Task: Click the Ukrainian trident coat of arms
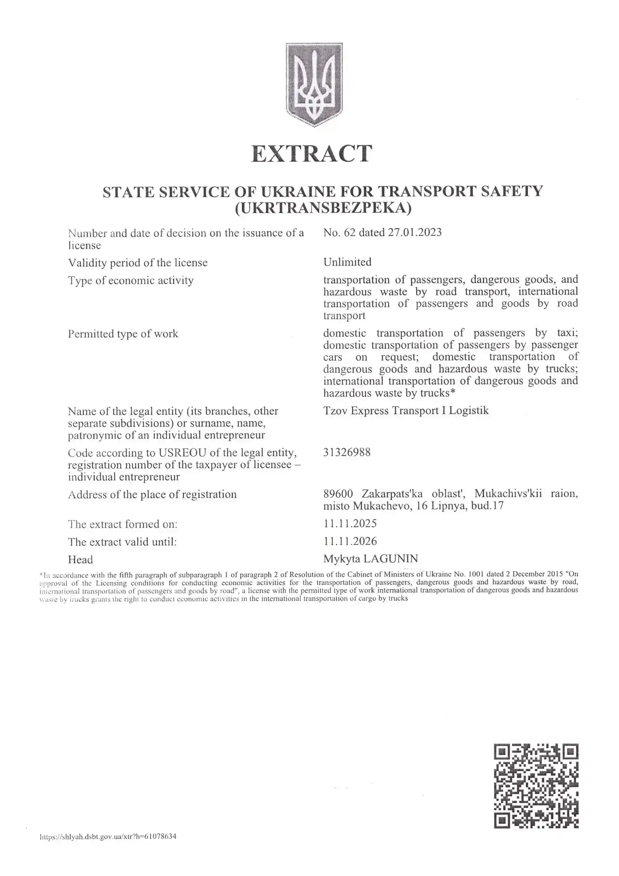pyautogui.click(x=314, y=84)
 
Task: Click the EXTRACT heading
pyautogui.click(x=312, y=154)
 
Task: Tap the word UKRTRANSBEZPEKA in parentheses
pyautogui.click(x=324, y=209)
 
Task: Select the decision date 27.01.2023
pyautogui.click(x=415, y=232)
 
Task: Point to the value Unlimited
pyautogui.click(x=347, y=262)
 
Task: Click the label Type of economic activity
pyautogui.click(x=131, y=281)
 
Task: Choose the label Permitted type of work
pyautogui.click(x=123, y=334)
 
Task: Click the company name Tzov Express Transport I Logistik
pyautogui.click(x=406, y=410)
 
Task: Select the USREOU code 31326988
pyautogui.click(x=347, y=452)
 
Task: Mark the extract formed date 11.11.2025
pyautogui.click(x=350, y=523)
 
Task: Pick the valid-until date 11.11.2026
pyautogui.click(x=350, y=541)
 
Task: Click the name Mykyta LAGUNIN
pyautogui.click(x=370, y=559)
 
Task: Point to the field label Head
pyautogui.click(x=81, y=560)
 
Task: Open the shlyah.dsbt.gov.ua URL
pyautogui.click(x=108, y=837)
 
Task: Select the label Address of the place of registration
pyautogui.click(x=152, y=494)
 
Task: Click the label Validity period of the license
pyautogui.click(x=138, y=263)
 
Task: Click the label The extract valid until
pyautogui.click(x=122, y=542)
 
